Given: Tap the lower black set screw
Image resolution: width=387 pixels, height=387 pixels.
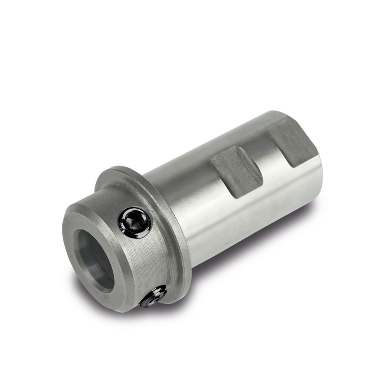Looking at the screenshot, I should point(154,296).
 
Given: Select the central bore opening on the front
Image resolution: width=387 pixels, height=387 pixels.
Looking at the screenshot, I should point(95,259).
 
